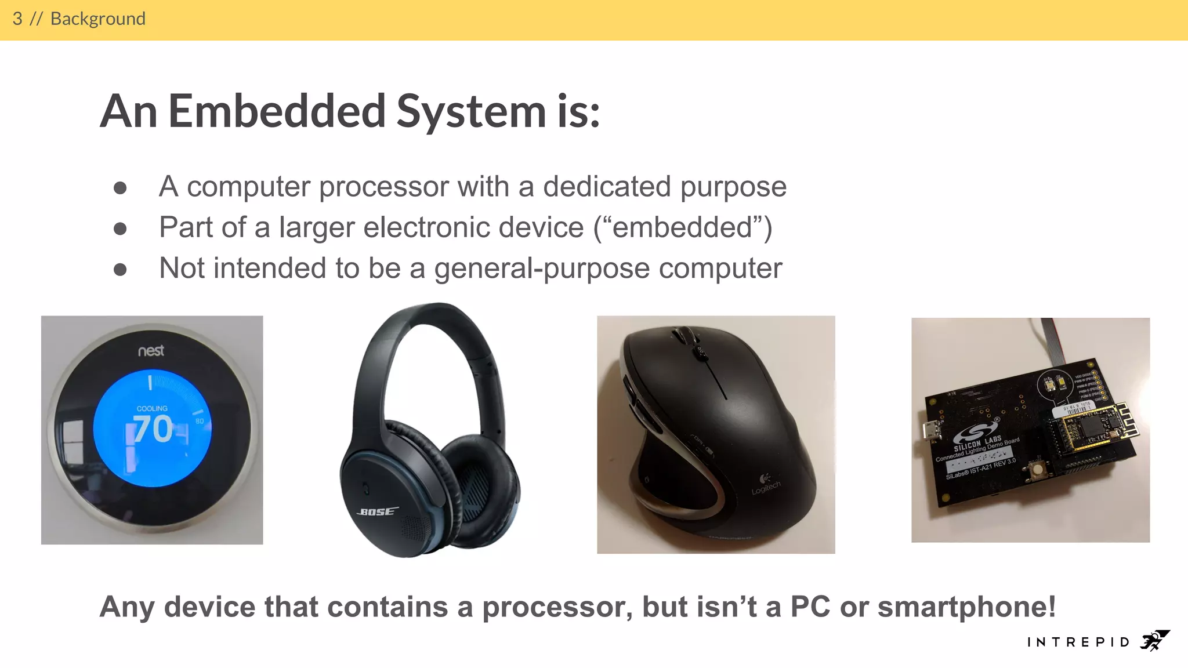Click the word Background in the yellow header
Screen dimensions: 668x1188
(x=97, y=19)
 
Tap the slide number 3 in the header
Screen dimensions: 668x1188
(x=17, y=19)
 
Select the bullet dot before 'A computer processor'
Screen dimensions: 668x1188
(x=120, y=188)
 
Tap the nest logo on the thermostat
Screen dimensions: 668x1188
(x=151, y=351)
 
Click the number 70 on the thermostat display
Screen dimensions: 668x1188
(x=153, y=429)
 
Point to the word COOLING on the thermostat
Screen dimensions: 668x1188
(x=152, y=408)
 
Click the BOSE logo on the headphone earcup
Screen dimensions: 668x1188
(x=377, y=511)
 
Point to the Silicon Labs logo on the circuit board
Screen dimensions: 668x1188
(x=977, y=435)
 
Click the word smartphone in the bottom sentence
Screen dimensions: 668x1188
(x=966, y=607)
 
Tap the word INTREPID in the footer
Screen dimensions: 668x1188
(x=1078, y=642)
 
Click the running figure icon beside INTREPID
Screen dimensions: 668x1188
(x=1154, y=640)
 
